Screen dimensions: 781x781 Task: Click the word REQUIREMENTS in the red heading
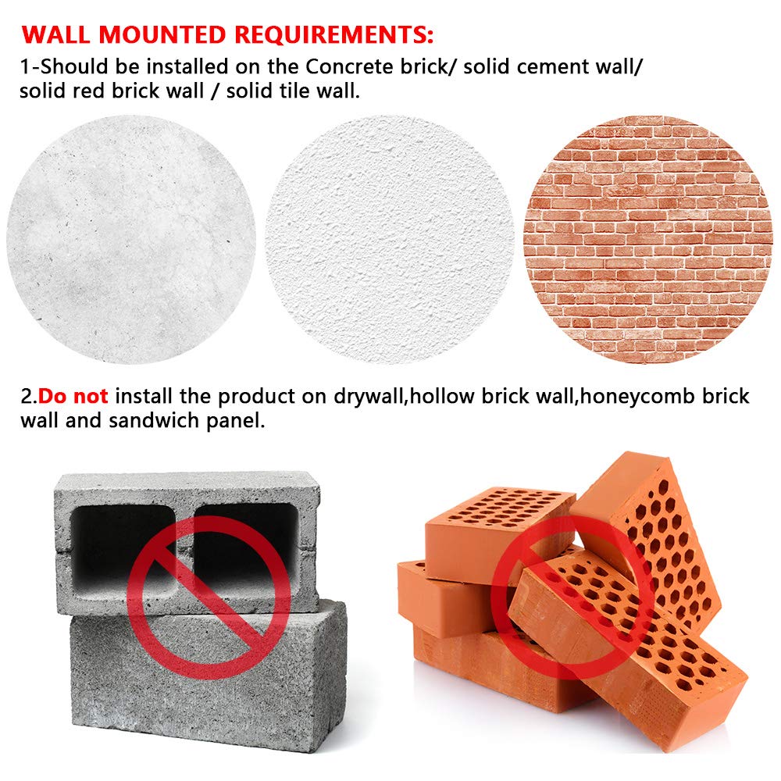(x=329, y=36)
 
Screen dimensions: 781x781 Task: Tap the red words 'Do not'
(x=73, y=396)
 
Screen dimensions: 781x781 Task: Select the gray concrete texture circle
(x=131, y=240)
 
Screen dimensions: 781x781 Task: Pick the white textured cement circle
(x=390, y=240)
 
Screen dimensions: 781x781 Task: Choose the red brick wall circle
(x=647, y=240)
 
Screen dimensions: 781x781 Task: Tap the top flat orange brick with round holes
(x=500, y=523)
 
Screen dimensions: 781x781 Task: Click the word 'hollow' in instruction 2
(x=438, y=396)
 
